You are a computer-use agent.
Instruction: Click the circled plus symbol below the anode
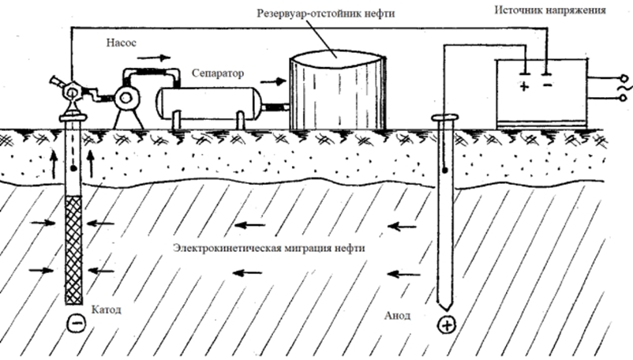tap(446, 324)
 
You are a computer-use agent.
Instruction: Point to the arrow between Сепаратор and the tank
tap(277, 80)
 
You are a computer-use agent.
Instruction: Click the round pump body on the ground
tap(125, 98)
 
